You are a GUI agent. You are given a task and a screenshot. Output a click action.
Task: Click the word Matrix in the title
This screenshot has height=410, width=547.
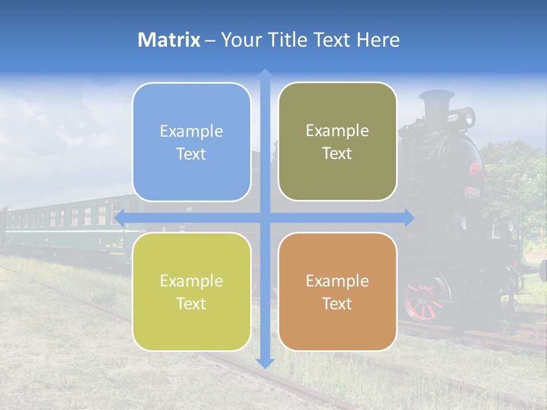[169, 40]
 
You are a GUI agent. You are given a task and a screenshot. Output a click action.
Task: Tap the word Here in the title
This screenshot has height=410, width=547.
[378, 40]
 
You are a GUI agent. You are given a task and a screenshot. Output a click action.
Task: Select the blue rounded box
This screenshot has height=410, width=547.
[191, 142]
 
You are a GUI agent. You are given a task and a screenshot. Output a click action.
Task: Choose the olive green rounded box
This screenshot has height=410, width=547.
[337, 142]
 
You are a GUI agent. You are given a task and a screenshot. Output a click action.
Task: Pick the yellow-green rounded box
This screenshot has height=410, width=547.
[191, 292]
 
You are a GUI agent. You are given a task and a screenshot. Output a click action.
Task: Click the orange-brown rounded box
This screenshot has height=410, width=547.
[337, 292]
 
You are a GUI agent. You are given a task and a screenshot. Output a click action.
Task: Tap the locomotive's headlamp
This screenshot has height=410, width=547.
[468, 117]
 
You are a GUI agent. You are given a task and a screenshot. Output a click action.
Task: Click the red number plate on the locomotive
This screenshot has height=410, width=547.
[472, 192]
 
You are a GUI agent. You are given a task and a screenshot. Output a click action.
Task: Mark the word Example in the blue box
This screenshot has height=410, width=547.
[191, 131]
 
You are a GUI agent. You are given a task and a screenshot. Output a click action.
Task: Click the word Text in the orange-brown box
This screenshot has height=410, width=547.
[337, 304]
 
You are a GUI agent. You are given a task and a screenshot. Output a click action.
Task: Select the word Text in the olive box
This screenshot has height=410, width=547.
[337, 153]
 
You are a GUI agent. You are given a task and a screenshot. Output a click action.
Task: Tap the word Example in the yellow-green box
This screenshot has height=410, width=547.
[191, 281]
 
